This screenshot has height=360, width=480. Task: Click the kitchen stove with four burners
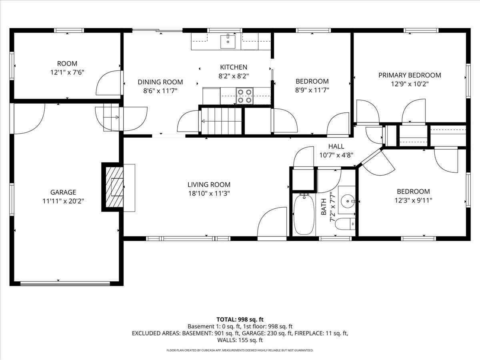[245, 96]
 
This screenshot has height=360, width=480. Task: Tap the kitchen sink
[228, 41]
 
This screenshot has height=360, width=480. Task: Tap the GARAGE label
[63, 192]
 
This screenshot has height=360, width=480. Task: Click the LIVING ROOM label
[209, 184]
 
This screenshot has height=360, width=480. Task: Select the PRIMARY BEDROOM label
[410, 75]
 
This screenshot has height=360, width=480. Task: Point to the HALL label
[336, 146]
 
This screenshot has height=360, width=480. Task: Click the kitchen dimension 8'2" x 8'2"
[234, 76]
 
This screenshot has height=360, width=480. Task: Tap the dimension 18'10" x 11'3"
[209, 193]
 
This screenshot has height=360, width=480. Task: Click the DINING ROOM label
[160, 82]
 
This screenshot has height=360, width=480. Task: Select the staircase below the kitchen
[221, 121]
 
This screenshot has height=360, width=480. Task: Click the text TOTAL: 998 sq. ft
[240, 319]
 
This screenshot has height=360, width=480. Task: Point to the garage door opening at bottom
[65, 284]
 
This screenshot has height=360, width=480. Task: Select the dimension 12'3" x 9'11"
[413, 200]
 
